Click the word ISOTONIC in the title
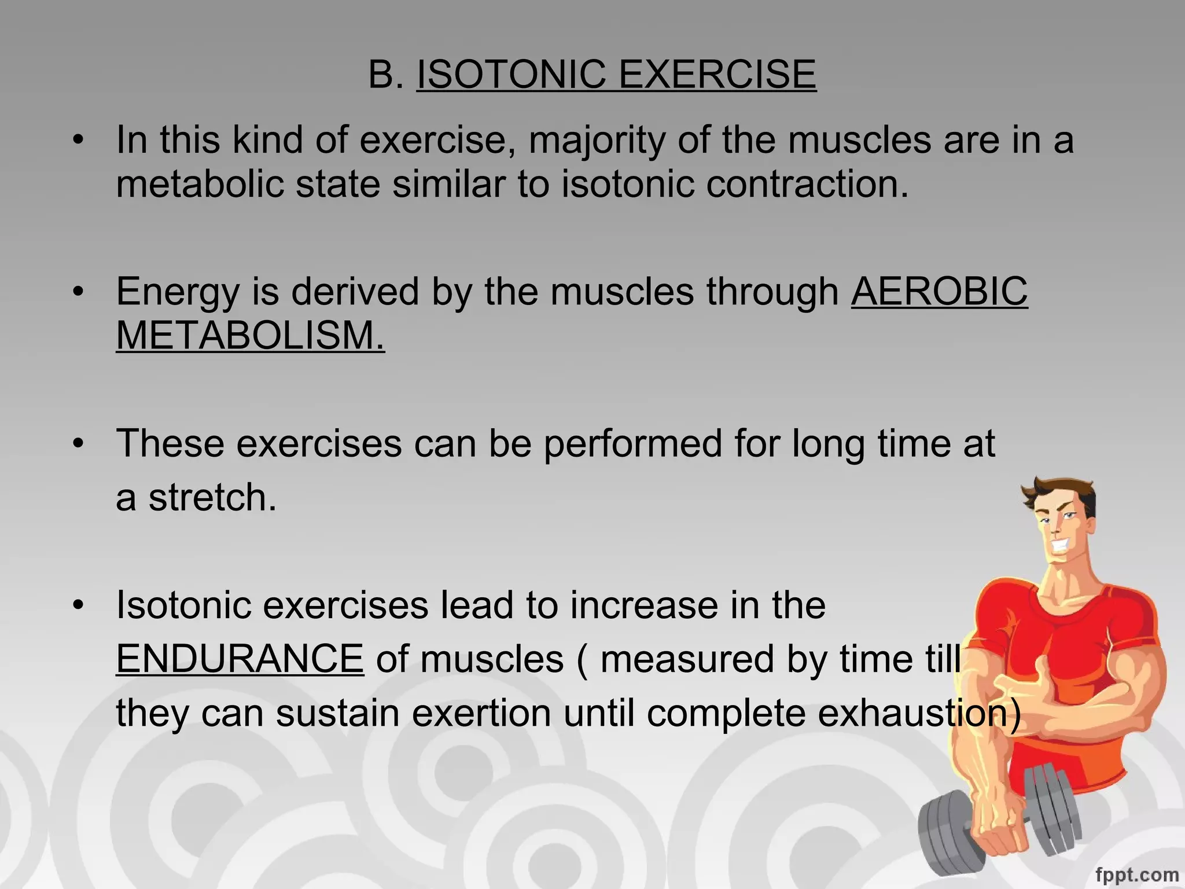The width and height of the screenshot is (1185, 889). (511, 75)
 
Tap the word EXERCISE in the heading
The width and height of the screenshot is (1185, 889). (717, 75)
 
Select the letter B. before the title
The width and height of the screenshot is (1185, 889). (385, 75)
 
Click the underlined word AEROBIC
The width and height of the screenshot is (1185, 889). (939, 291)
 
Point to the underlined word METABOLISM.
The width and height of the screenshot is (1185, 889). (250, 336)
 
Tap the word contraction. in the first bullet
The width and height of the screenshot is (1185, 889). (807, 184)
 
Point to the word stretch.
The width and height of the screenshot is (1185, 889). (212, 498)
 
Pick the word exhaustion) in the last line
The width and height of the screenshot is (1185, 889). (919, 713)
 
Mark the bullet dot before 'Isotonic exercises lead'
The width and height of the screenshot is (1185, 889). (79, 605)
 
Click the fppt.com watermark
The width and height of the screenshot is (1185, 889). (1136, 875)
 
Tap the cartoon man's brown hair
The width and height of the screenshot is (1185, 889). (1062, 492)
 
